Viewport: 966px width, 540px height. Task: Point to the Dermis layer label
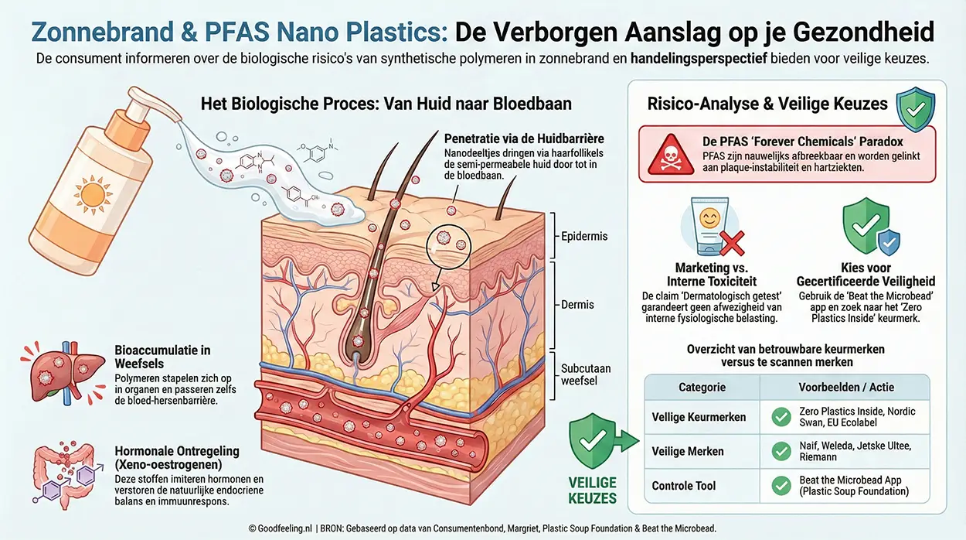tap(577, 304)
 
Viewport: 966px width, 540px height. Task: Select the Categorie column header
tap(702, 387)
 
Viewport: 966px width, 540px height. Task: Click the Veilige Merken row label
tap(688, 451)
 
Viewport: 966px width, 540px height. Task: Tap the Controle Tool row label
tap(683, 486)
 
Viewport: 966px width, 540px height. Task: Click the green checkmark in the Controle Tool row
tap(781, 486)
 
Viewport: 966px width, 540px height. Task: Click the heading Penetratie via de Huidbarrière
tap(524, 138)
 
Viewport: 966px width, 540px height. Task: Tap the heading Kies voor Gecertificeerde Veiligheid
tap(866, 274)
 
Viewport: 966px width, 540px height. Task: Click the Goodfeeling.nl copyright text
tap(281, 528)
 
